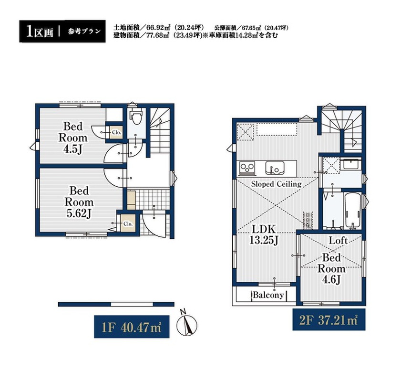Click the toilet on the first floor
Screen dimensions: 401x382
pos(136,116)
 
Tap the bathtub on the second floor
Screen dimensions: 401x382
pos(353,211)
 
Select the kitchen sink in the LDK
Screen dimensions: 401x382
pos(275,168)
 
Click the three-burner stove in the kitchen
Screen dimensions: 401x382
pos(247,168)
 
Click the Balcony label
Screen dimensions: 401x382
pos(268,295)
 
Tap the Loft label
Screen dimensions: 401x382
pos(338,240)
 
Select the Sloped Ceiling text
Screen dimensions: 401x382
pos(276,184)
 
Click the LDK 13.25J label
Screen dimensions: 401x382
pos(264,235)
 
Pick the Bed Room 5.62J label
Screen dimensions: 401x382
pos(79,202)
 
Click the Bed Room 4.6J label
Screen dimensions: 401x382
pos(331,268)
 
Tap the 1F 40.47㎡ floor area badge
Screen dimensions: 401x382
pos(132,327)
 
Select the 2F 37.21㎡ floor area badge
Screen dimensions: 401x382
pos(329,319)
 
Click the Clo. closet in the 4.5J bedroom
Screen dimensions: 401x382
pos(116,133)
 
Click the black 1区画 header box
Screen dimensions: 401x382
pos(62,31)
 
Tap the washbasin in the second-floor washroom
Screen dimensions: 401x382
pos(350,164)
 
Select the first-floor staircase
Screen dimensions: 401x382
pos(160,130)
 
